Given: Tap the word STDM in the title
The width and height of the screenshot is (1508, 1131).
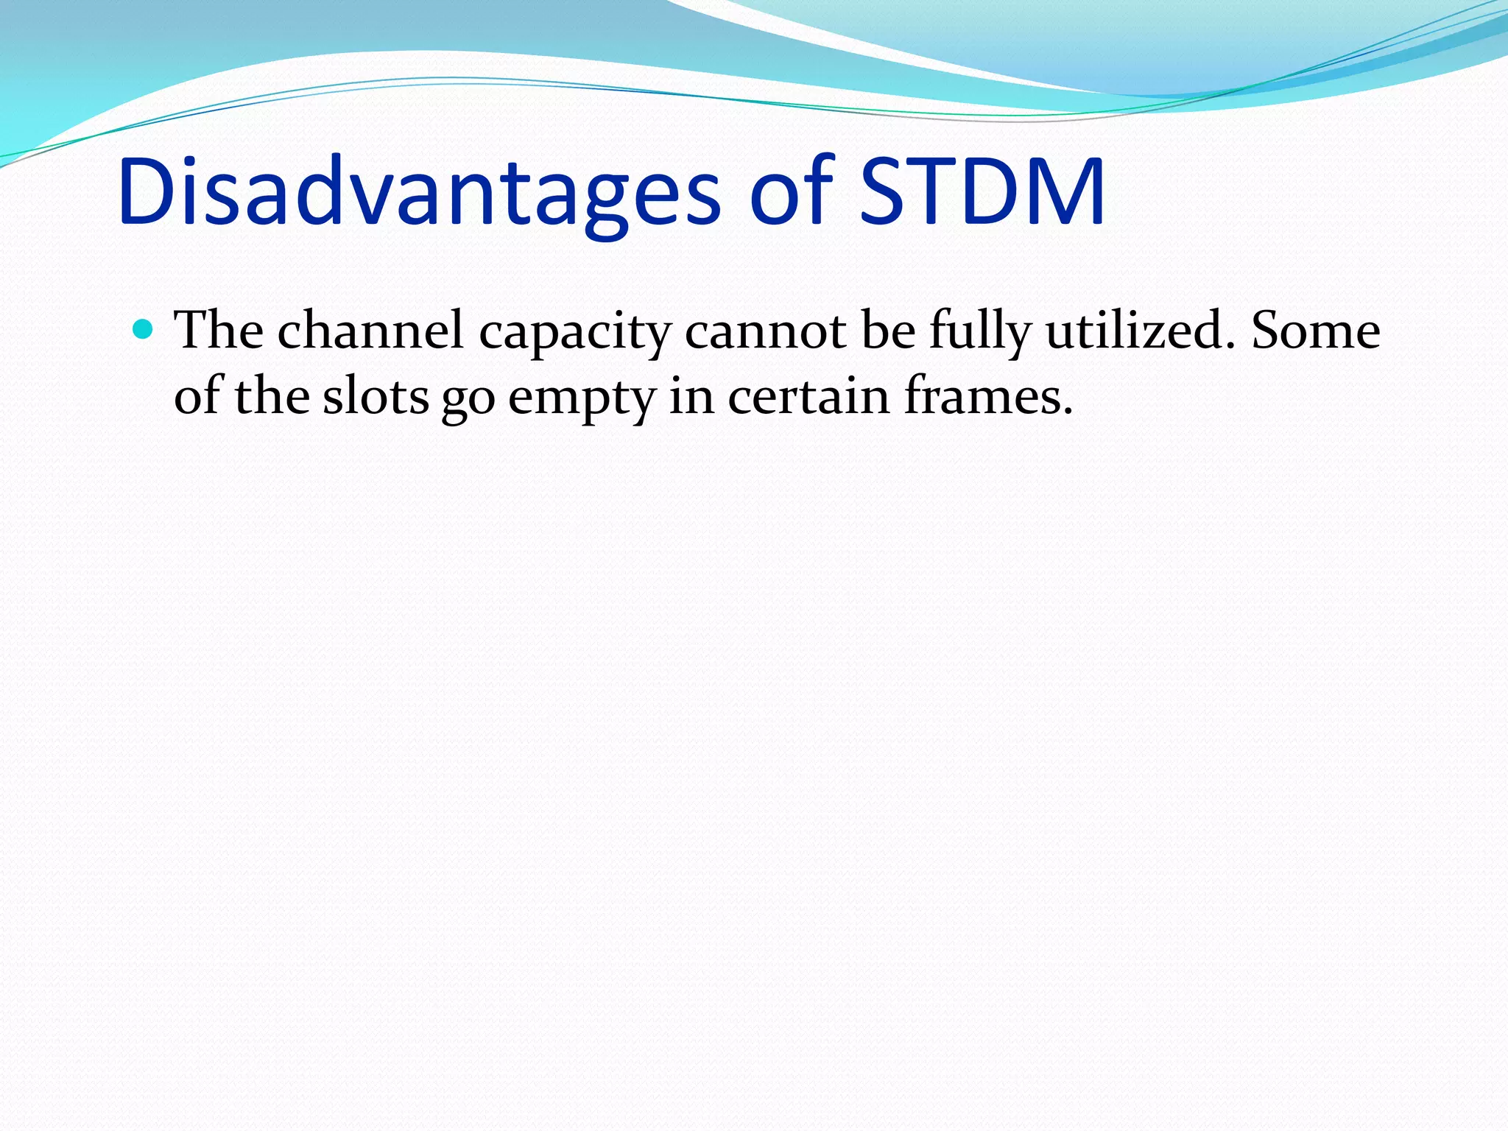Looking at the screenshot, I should [x=982, y=193].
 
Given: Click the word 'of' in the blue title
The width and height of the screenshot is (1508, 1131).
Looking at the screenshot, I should [x=792, y=193].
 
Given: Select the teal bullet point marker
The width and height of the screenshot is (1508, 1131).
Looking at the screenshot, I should [x=143, y=328].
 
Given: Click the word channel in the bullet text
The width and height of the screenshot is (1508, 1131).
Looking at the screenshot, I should [x=370, y=331].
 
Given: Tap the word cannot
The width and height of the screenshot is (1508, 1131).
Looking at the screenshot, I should [x=764, y=331].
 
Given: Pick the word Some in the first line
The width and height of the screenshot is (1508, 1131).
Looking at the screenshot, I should [x=1315, y=331].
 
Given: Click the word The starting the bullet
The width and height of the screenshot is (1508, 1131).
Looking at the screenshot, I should [x=219, y=331].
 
